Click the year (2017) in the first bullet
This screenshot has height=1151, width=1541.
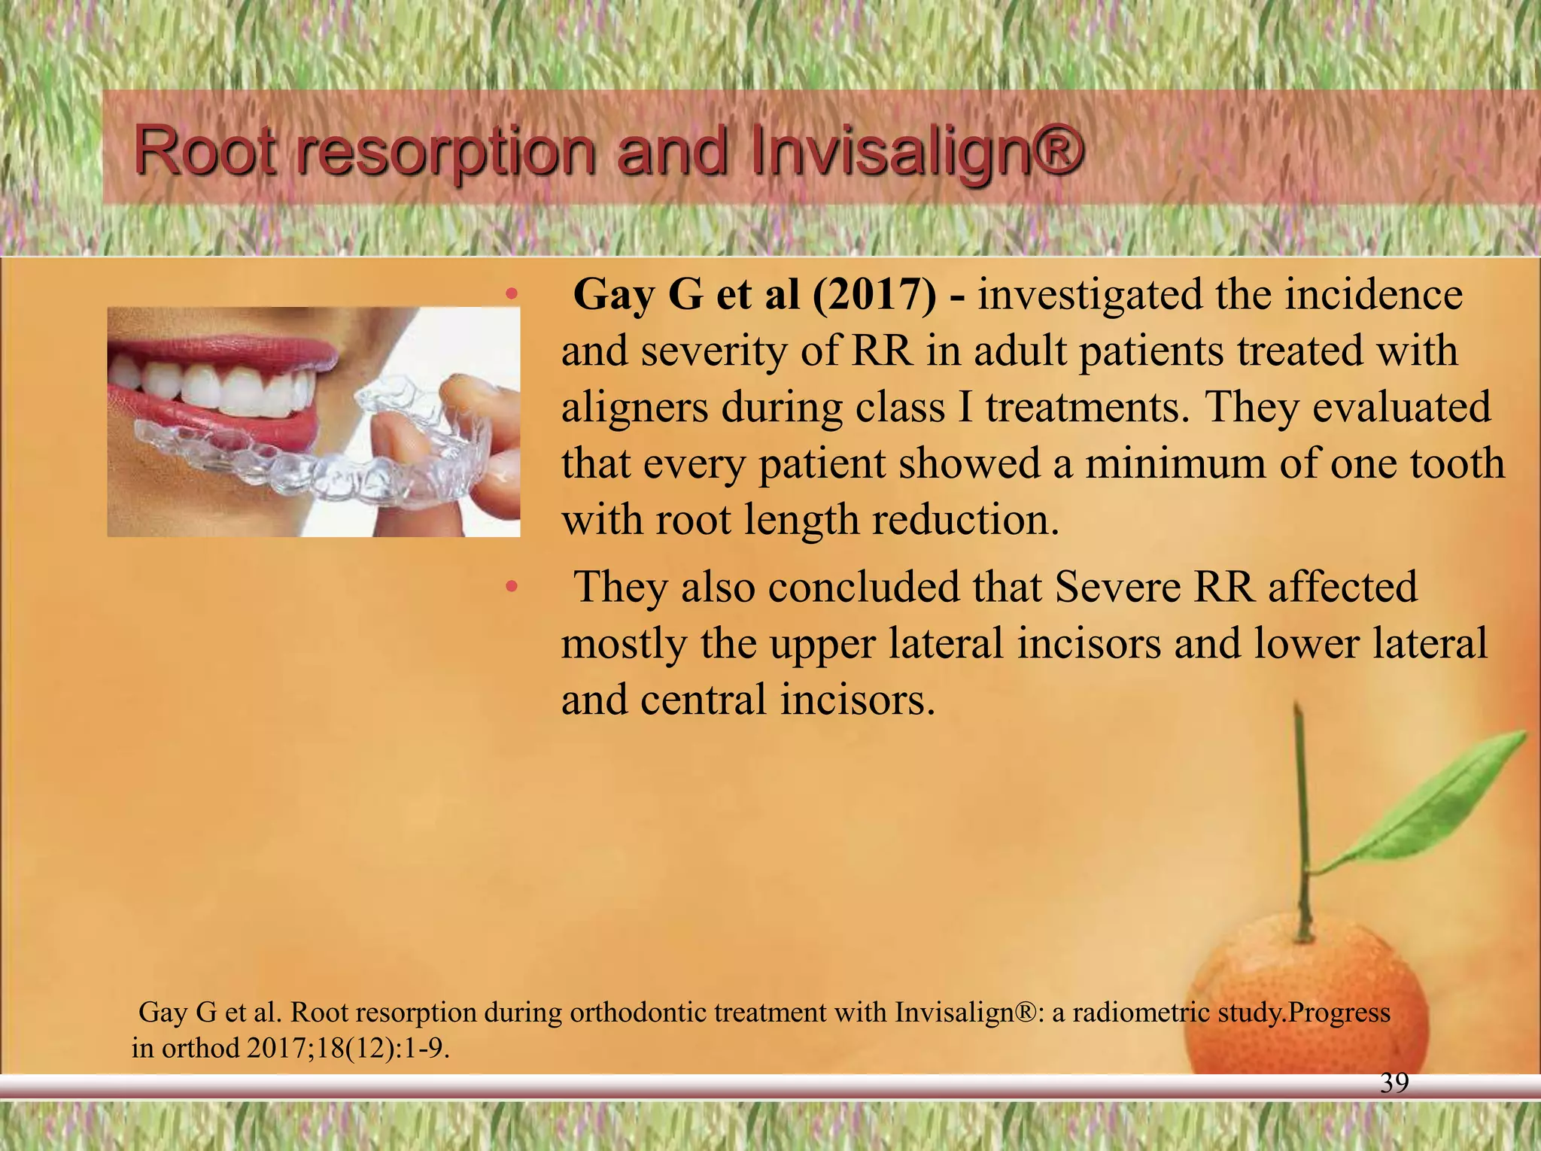874,294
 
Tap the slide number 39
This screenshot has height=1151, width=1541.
1394,1083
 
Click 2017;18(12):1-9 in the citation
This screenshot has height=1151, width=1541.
348,1047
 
